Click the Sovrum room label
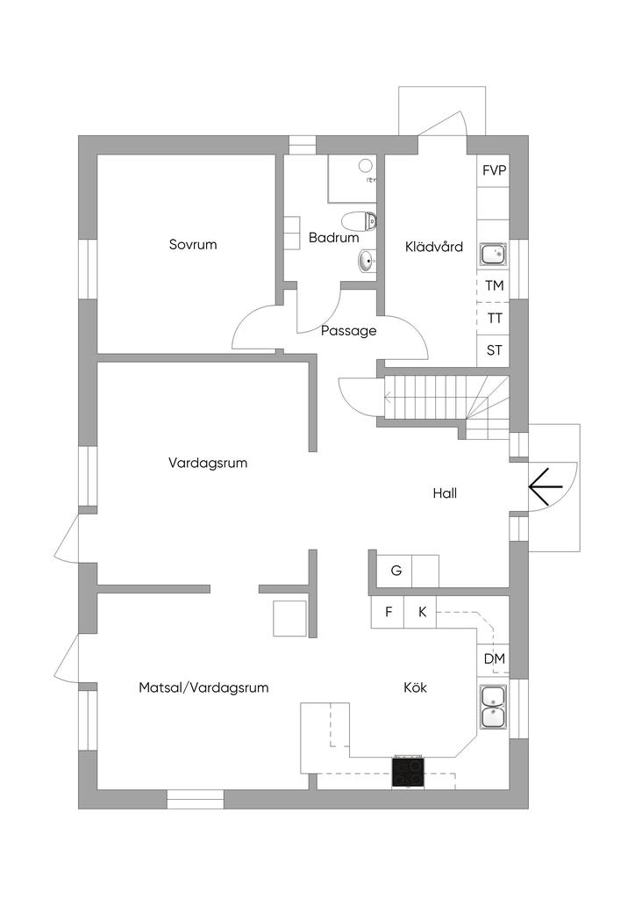click(x=193, y=245)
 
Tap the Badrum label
click(x=334, y=238)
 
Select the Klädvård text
click(x=433, y=248)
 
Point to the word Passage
click(x=348, y=331)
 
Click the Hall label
click(x=445, y=493)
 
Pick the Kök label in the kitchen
click(x=415, y=688)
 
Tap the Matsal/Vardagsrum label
click(x=203, y=688)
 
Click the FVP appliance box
click(x=494, y=170)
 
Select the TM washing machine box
click(x=494, y=286)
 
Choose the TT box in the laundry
click(x=494, y=319)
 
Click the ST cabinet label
click(x=494, y=350)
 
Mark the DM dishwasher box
click(x=494, y=659)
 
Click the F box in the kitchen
click(x=388, y=612)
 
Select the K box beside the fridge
click(x=421, y=612)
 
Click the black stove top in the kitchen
click(x=407, y=772)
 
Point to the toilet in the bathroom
click(x=360, y=220)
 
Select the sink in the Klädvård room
click(x=492, y=255)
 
